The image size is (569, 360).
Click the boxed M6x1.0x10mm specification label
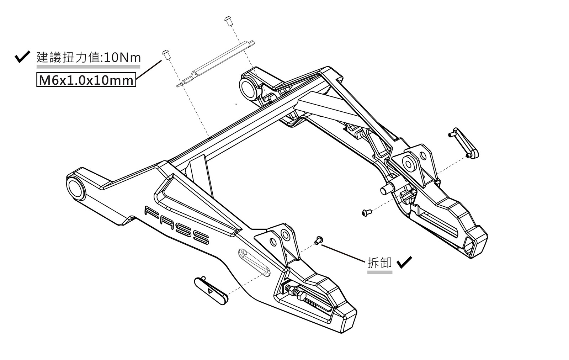pyautogui.click(x=86, y=80)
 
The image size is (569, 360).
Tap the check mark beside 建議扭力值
pyautogui.click(x=22, y=57)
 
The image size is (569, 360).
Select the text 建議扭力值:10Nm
pyautogui.click(x=89, y=58)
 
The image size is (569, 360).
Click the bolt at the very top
pyautogui.click(x=228, y=20)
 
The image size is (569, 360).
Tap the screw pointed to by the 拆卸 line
pyautogui.click(x=318, y=240)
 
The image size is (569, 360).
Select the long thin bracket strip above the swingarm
pyautogui.click(x=216, y=63)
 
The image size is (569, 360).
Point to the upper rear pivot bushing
pyautogui.click(x=249, y=86)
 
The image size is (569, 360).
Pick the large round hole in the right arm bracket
pyautogui.click(x=409, y=163)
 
